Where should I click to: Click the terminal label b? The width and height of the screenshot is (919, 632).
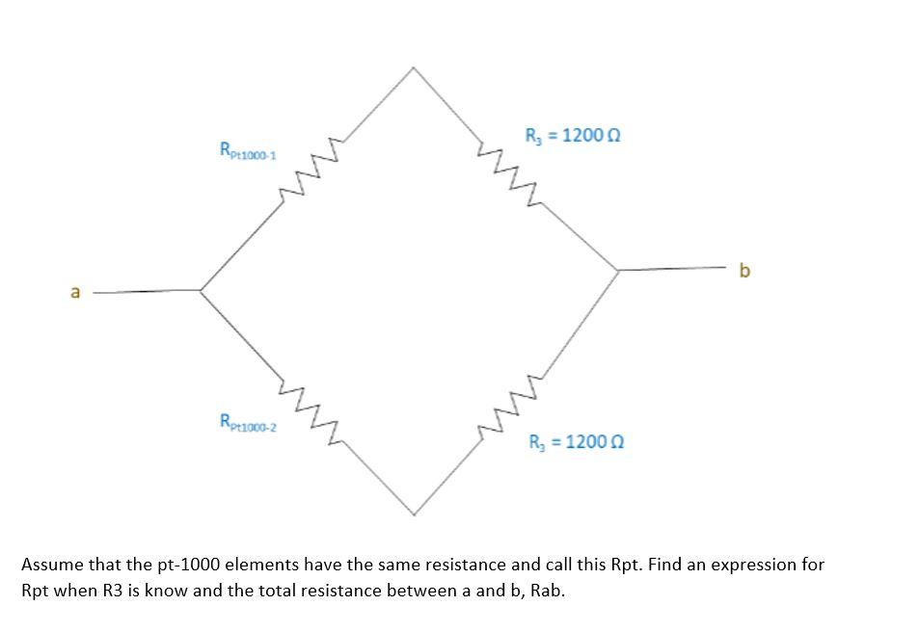[743, 271]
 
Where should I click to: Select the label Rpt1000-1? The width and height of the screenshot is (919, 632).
[248, 150]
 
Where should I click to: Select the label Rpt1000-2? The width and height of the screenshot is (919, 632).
[248, 422]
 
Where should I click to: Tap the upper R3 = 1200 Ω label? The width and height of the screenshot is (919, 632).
[572, 135]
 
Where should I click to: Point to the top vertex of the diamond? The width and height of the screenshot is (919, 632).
[414, 67]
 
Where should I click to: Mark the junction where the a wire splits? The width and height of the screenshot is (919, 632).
[200, 289]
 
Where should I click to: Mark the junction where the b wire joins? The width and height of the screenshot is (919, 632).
[618, 271]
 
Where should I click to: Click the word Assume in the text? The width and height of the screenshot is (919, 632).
[51, 565]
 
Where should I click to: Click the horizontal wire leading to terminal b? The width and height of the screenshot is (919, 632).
[675, 269]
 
